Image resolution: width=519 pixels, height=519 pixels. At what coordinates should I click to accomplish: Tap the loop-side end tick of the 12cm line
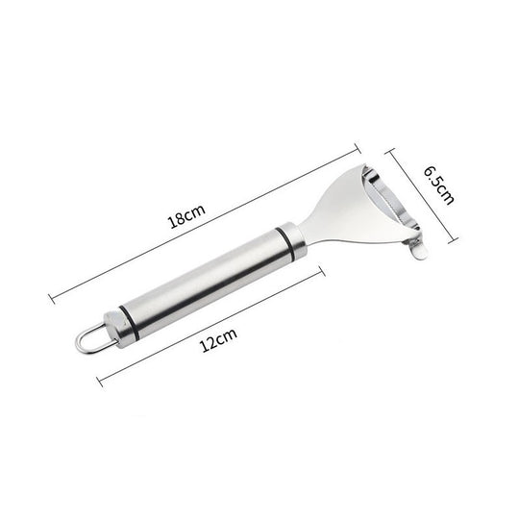[x=100, y=380]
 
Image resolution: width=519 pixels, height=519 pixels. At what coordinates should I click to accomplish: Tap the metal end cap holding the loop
[x=111, y=324]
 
